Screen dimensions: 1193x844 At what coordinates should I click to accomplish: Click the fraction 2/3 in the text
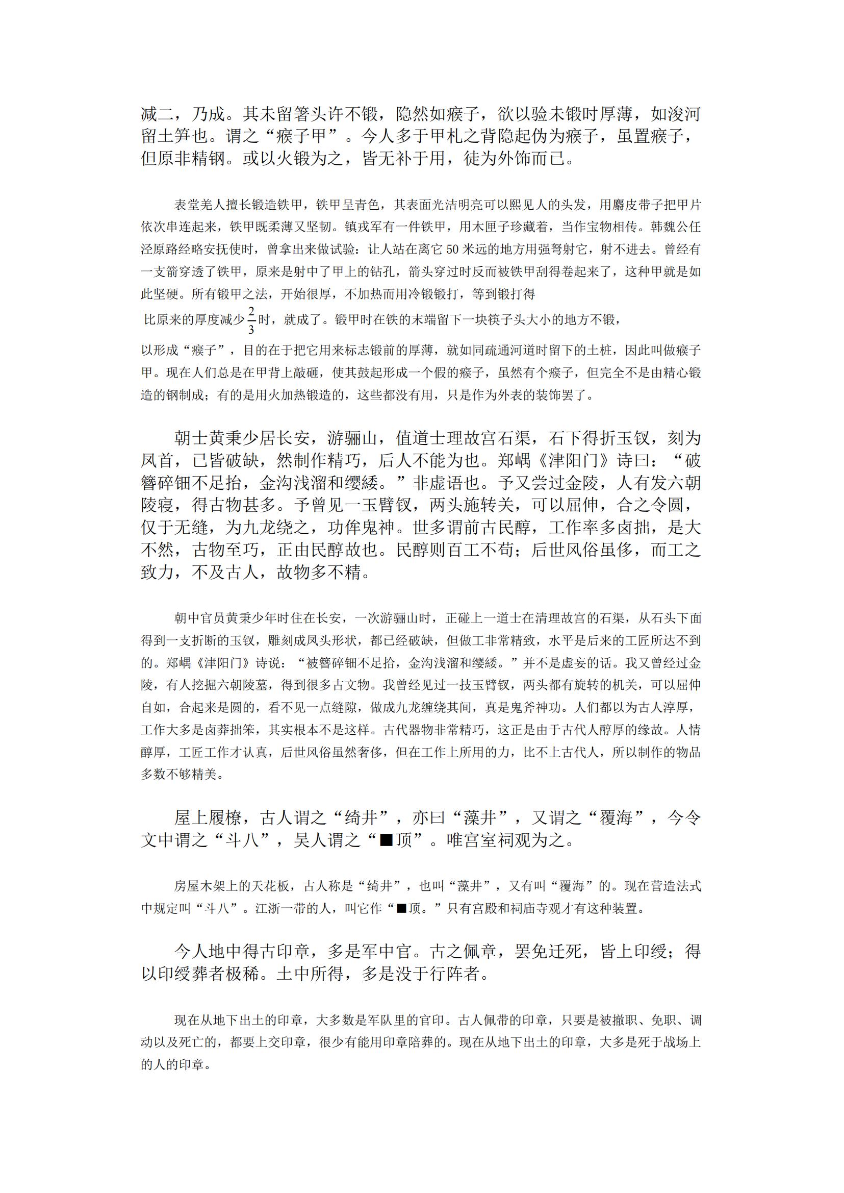tap(251, 320)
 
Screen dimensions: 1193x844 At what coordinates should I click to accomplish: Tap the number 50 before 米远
tap(453, 249)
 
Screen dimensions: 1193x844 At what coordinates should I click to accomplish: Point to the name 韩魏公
tap(670, 227)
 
